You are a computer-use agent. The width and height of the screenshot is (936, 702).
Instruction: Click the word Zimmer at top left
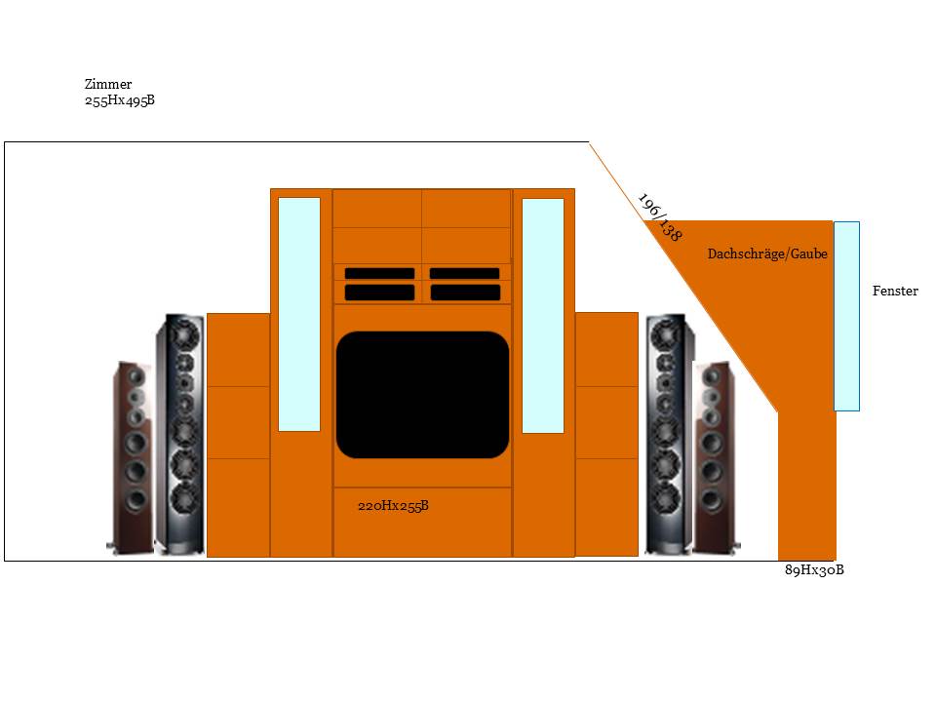click(108, 85)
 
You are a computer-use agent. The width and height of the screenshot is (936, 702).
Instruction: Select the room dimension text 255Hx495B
click(120, 100)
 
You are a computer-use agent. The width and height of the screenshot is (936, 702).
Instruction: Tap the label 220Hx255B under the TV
click(394, 505)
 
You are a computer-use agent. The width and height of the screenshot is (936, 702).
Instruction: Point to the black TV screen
click(422, 395)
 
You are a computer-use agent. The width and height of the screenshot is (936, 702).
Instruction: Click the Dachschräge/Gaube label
click(767, 253)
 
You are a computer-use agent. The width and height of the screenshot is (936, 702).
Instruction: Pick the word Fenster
click(895, 291)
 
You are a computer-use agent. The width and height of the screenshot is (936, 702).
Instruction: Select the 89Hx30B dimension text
click(814, 570)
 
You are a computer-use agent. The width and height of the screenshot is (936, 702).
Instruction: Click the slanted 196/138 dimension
click(659, 216)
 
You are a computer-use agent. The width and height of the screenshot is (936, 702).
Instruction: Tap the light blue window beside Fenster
click(846, 316)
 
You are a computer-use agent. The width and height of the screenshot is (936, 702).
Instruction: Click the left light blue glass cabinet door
click(299, 314)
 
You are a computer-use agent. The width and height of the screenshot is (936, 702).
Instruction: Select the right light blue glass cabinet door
click(543, 315)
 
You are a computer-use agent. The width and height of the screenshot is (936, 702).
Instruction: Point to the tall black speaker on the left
click(180, 434)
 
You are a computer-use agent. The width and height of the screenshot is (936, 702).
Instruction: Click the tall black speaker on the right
click(670, 434)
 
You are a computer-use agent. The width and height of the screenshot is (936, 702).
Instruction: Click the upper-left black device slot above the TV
click(379, 273)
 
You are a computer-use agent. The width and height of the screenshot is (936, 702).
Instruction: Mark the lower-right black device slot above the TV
click(465, 292)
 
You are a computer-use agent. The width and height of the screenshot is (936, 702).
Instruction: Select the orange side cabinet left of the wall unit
click(238, 434)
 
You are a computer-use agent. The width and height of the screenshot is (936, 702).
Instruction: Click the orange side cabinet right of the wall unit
click(606, 434)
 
